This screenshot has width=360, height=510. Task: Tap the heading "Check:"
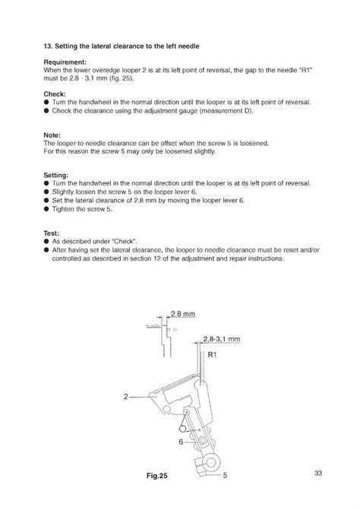point(55,93)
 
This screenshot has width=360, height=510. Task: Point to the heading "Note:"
point(53,135)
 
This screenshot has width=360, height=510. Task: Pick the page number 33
point(317,474)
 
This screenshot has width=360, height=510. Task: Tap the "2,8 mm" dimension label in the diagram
point(183,313)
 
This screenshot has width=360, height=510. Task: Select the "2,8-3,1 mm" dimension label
point(222,340)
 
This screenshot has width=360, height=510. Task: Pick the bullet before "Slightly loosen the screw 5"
point(47,192)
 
